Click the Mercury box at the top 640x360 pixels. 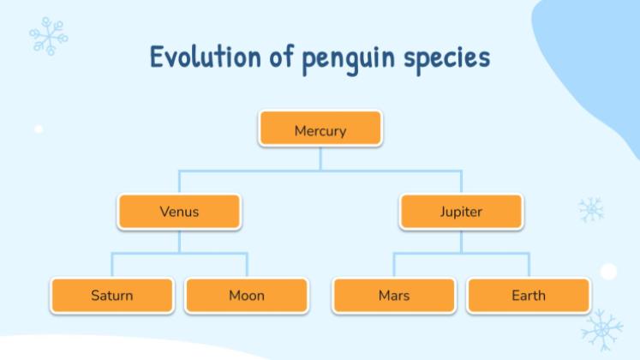(x=320, y=129)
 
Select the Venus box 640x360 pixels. (x=179, y=212)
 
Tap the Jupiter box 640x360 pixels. (x=461, y=212)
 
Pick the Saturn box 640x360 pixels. (x=112, y=295)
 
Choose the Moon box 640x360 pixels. (x=247, y=295)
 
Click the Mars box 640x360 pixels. (x=394, y=295)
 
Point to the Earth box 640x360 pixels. (x=529, y=295)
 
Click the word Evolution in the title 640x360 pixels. (x=206, y=57)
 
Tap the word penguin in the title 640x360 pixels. (x=349, y=60)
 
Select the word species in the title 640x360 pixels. (x=447, y=60)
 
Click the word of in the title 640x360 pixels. (x=282, y=56)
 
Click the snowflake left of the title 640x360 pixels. (x=49, y=36)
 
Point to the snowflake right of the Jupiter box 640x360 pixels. (x=591, y=210)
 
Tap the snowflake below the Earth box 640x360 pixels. (x=602, y=330)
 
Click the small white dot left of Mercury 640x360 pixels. (x=39, y=129)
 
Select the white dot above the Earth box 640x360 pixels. (x=608, y=272)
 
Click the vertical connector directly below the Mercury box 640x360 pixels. (x=320, y=159)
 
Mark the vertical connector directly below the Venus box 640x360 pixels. (x=179, y=242)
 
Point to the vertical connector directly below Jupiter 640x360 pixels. (x=461, y=242)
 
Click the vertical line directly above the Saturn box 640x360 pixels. (x=112, y=265)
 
